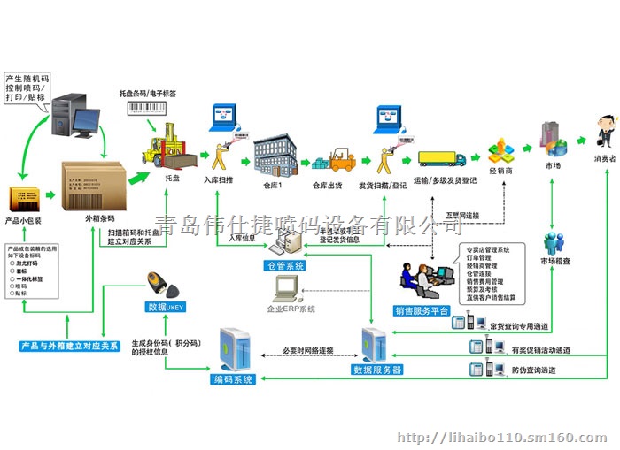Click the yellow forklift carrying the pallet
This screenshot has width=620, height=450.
[167, 146]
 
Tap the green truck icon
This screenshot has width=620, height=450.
[441, 157]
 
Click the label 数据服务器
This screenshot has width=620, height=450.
[376, 369]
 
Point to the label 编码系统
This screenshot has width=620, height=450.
[233, 379]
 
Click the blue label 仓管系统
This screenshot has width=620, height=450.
[285, 265]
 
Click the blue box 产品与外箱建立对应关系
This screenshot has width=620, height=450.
[70, 346]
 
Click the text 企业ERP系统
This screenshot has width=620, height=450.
[291, 309]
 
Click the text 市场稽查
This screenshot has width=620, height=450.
[555, 262]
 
